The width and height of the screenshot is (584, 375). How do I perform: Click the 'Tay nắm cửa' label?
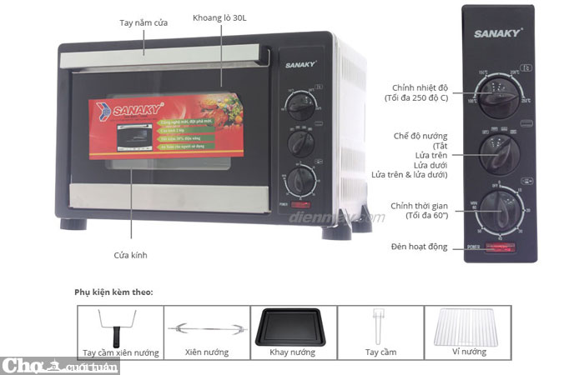coord(143,22)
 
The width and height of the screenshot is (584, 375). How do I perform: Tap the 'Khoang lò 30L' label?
coord(219,17)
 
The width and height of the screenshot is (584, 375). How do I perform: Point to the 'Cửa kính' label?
coord(130,255)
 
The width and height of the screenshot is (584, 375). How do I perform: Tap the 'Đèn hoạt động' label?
coord(419,247)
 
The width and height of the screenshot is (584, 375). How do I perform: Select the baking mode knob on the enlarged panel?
coord(499,155)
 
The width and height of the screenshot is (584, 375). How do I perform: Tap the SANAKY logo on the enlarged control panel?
coord(498,34)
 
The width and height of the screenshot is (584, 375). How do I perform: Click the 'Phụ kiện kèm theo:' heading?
coord(113,292)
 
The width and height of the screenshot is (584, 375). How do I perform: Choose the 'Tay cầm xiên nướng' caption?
coord(120,352)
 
